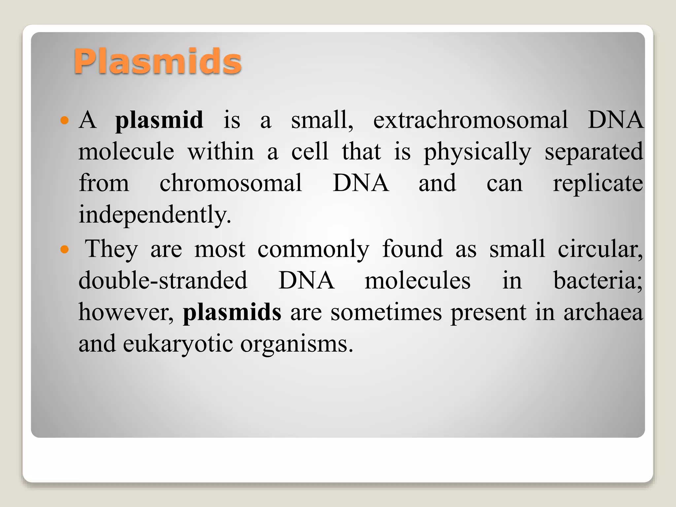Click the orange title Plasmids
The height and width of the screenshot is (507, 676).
(157, 61)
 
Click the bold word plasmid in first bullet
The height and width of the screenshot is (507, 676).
(159, 120)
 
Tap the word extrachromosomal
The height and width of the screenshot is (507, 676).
(470, 120)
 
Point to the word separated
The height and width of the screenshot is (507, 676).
(593, 152)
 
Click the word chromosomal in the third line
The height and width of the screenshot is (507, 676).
(230, 183)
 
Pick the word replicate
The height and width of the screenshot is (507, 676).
(598, 184)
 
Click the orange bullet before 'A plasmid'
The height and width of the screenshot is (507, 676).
(65, 120)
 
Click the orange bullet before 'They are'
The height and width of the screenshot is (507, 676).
(65, 249)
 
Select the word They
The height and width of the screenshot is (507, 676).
(111, 249)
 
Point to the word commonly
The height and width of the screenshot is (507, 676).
(313, 250)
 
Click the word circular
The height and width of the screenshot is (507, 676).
(599, 249)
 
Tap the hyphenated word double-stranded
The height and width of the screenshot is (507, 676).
(163, 281)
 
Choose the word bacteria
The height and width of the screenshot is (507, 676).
(597, 281)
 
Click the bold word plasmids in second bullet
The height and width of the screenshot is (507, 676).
(232, 312)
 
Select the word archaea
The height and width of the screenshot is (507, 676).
(603, 312)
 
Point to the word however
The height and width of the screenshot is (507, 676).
(125, 312)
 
